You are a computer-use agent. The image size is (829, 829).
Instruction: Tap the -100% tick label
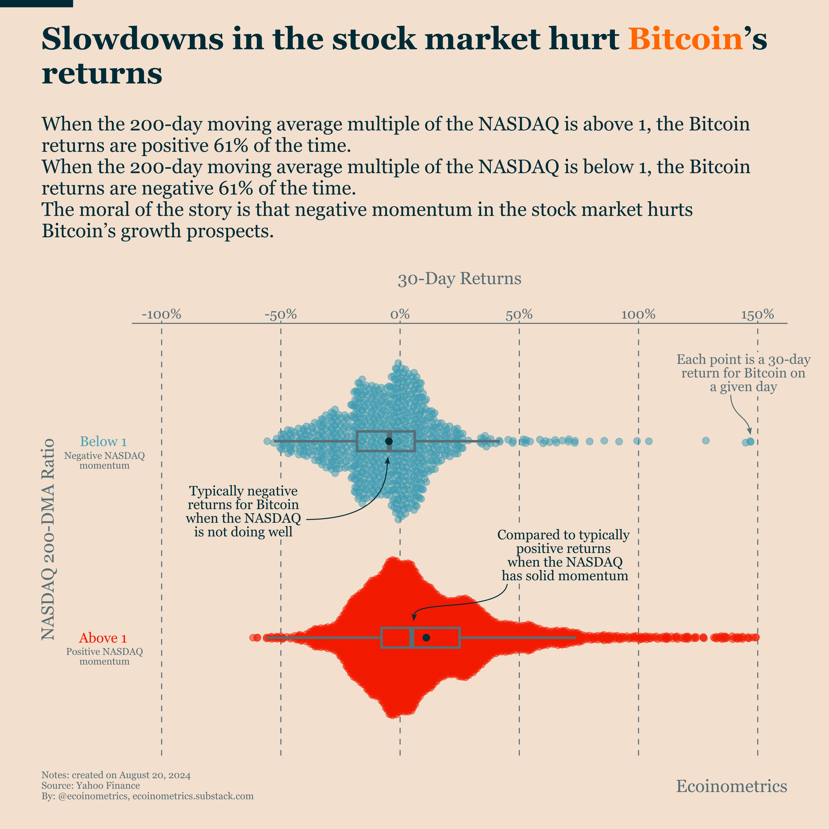click(161, 314)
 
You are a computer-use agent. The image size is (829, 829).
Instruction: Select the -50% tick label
click(281, 314)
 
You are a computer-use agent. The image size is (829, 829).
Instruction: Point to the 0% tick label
click(400, 314)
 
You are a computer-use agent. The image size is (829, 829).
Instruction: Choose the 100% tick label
click(639, 314)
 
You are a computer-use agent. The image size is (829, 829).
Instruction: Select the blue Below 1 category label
click(103, 442)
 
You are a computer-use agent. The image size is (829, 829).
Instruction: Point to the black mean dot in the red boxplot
click(426, 638)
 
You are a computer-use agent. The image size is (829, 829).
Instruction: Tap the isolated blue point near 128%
click(705, 441)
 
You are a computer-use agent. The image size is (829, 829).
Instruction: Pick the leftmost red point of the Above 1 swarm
click(253, 638)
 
